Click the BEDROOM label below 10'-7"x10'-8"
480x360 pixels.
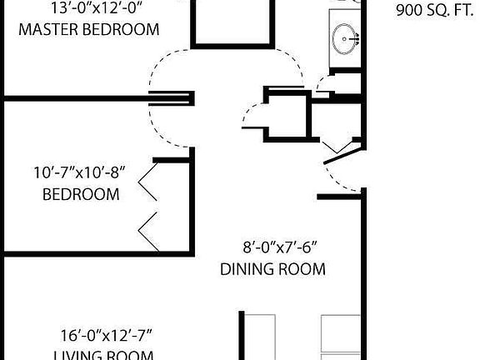(x=81, y=194)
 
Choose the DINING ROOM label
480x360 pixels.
(x=272, y=269)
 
